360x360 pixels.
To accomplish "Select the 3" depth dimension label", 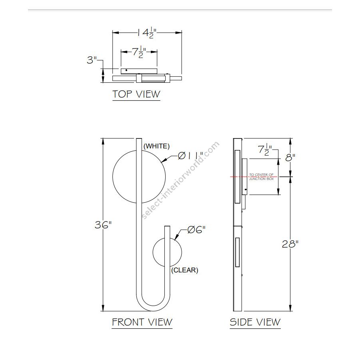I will tap(92, 60).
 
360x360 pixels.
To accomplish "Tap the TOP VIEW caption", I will tap(136, 94).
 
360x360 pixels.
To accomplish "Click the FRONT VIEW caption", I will tap(142, 322).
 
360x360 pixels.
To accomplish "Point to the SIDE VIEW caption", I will tap(255, 322).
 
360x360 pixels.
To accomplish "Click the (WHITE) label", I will tap(156, 146).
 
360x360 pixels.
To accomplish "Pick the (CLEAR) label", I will tap(184, 270).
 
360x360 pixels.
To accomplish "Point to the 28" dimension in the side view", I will tap(290, 244).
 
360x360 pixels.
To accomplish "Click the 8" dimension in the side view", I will tap(291, 157).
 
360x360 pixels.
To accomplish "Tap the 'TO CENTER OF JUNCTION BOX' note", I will tap(261, 177).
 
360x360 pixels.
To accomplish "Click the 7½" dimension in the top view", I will tap(139, 52).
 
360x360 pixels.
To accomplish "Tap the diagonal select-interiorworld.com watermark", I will tap(181, 180).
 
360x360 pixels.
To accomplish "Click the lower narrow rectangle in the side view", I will tap(237, 252).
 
